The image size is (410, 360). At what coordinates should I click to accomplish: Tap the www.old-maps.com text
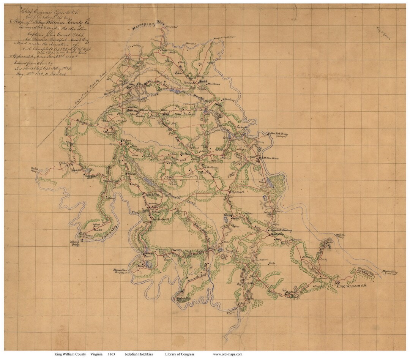pyautogui.click(x=228, y=354)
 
